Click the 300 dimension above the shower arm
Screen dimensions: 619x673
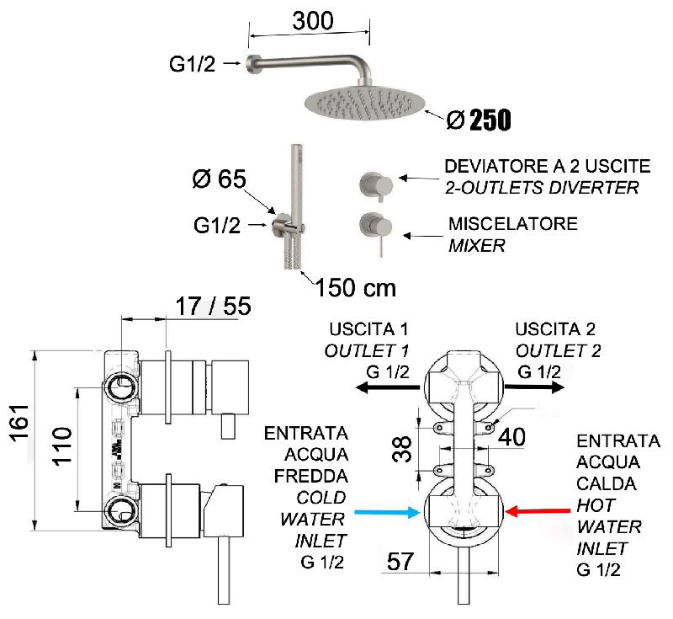[312, 20]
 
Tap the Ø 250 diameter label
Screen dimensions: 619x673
[478, 120]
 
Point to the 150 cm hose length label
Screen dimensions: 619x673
[355, 287]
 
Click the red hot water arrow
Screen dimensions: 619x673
[539, 510]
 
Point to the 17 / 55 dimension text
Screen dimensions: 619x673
[215, 306]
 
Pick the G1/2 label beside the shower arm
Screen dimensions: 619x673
[193, 63]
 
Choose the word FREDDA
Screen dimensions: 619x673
[305, 476]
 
